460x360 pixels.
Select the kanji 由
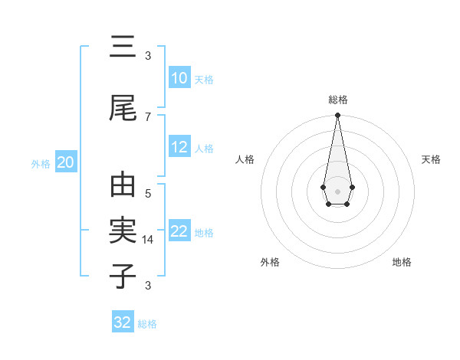coord(123,186)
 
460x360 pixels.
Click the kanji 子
coord(123,277)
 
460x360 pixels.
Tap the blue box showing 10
coord(179,78)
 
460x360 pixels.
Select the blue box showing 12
coord(179,147)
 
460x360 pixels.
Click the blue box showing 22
coord(179,231)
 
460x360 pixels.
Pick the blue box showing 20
coord(66,162)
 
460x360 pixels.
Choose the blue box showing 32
coord(123,322)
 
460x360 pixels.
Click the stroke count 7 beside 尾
coord(148,116)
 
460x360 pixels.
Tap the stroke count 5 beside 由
coord(148,194)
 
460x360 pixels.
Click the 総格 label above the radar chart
coord(338,100)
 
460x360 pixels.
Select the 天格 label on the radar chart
coord(431,159)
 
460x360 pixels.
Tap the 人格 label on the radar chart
coord(245,159)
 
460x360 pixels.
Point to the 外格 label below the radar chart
coord(270,262)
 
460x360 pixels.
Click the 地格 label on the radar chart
coord(402,262)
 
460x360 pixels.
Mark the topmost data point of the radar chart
coord(337,116)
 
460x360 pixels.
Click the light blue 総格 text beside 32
coord(147,324)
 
